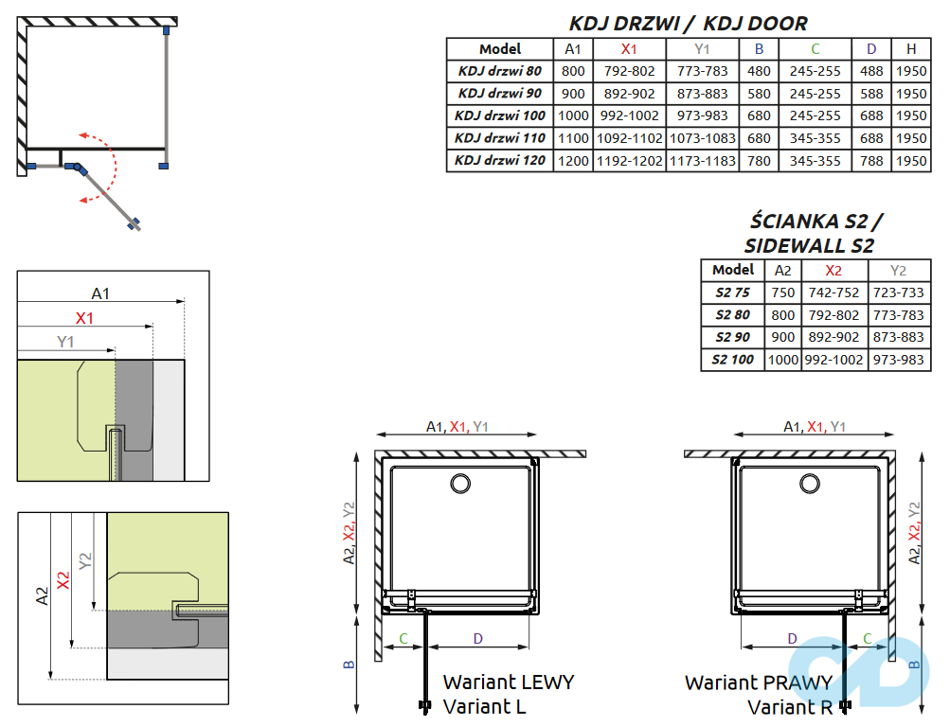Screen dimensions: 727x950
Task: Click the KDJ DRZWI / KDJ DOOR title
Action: (688, 23)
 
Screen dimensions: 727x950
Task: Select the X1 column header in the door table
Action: (629, 49)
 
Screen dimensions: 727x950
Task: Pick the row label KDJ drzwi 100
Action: (499, 115)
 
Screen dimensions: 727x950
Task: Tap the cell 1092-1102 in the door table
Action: (629, 138)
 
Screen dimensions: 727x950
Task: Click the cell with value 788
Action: (871, 161)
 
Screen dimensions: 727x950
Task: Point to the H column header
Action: (910, 49)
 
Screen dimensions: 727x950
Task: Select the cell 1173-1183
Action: (702, 161)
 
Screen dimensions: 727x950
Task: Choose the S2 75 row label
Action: (732, 293)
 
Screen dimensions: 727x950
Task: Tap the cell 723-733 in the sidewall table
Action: (898, 293)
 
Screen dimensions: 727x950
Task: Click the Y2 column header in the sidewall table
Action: (898, 270)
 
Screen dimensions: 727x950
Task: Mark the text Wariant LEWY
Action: (508, 682)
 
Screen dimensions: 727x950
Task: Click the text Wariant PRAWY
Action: (758, 682)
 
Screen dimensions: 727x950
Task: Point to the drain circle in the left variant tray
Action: (460, 484)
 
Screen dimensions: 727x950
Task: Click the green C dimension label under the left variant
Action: (403, 639)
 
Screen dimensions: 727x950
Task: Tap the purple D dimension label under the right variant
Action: (792, 639)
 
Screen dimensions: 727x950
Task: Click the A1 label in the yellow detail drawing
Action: (100, 293)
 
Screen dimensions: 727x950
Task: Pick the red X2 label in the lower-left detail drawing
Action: (63, 580)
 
